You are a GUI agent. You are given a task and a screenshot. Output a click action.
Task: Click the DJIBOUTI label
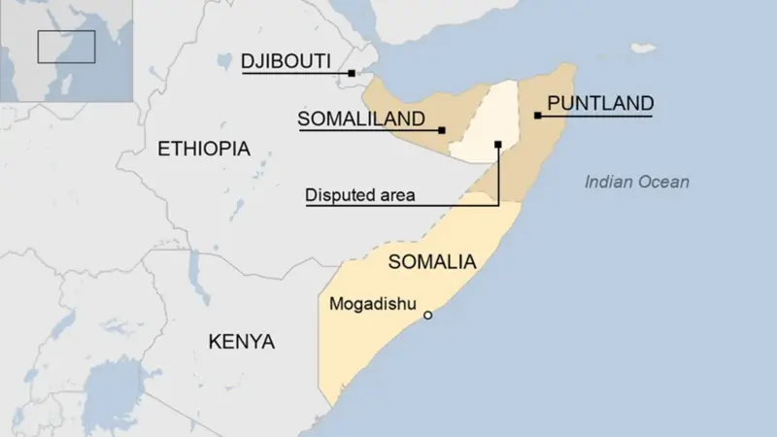[x=287, y=61]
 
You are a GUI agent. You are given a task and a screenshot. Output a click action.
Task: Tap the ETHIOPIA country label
[x=203, y=149]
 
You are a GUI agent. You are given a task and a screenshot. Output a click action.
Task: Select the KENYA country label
[x=241, y=342]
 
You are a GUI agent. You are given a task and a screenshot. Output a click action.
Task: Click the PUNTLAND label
[x=599, y=103]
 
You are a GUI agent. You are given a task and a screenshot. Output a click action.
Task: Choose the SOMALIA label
[x=431, y=261]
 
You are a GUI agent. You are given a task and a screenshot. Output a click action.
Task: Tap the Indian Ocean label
[x=637, y=182]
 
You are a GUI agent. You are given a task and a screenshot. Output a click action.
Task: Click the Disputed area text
[x=360, y=195]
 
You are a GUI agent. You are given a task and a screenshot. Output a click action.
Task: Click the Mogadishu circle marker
[x=427, y=315]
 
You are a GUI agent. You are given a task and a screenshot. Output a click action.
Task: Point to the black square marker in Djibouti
[x=353, y=72]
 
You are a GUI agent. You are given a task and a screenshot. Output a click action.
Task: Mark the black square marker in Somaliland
[x=442, y=130]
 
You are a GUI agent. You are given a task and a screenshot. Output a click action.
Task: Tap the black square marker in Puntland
[x=537, y=116]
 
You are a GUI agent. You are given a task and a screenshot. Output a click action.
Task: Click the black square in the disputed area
[x=497, y=145]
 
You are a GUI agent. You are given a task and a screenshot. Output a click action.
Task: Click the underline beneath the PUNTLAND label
[x=594, y=116]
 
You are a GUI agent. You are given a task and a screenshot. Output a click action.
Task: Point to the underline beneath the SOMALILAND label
[x=369, y=131]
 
